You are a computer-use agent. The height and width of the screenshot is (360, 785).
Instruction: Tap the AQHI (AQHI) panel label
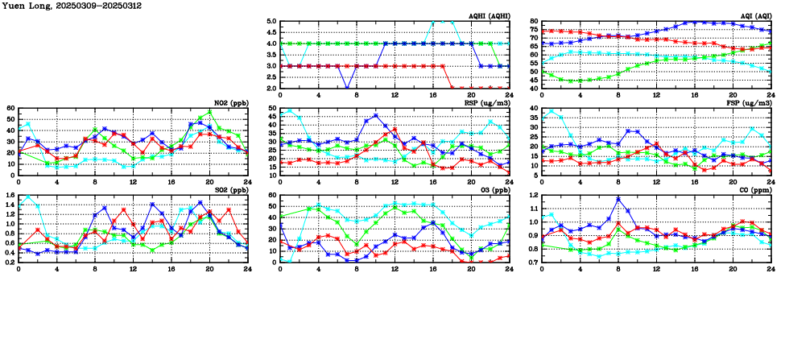pyautogui.click(x=487, y=16)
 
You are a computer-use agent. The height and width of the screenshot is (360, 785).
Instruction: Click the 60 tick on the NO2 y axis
pyautogui.click(x=10, y=108)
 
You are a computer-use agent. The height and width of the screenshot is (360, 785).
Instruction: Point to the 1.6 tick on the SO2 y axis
pyautogui.click(x=9, y=195)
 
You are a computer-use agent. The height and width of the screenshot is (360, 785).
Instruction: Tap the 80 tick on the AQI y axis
pyautogui.click(x=534, y=22)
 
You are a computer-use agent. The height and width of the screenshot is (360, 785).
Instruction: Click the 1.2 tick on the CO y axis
pyautogui.click(x=532, y=195)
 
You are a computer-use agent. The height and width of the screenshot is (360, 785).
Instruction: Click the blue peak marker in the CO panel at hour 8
pyautogui.click(x=618, y=199)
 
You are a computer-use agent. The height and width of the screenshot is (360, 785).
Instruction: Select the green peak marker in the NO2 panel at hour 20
pyautogui.click(x=209, y=112)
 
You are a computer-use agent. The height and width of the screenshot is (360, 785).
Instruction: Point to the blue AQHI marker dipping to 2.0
pyautogui.click(x=346, y=88)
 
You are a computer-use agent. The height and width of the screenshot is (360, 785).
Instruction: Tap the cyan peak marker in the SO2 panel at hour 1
pyautogui.click(x=28, y=197)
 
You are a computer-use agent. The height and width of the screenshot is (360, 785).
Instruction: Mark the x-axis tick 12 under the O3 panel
pyautogui.click(x=395, y=270)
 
